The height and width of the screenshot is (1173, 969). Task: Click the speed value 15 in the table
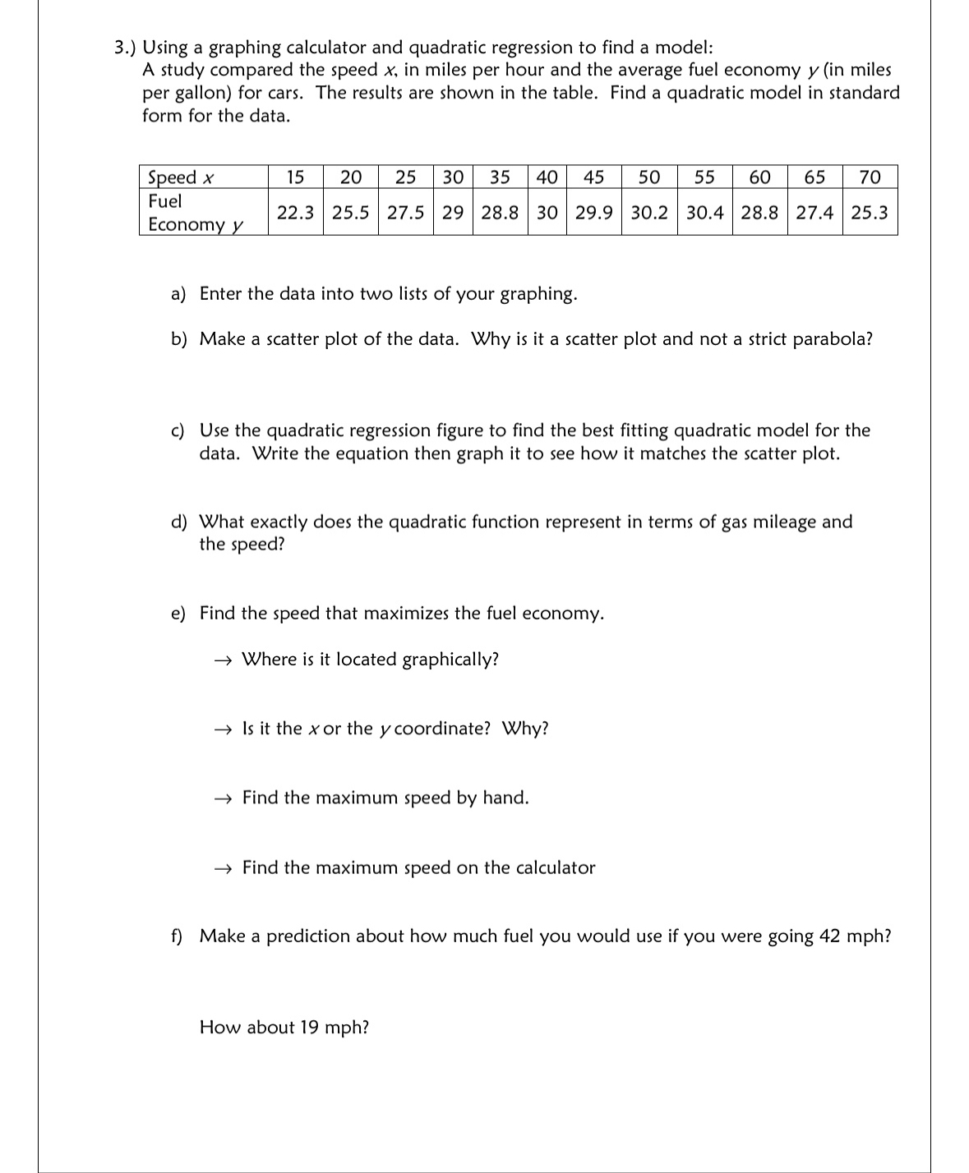click(295, 177)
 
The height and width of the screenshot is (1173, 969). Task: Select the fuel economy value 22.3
click(295, 213)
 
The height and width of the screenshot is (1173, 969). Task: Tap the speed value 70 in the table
click(870, 177)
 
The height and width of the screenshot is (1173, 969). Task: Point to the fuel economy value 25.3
click(870, 213)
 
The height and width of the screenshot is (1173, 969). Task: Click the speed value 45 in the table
click(593, 177)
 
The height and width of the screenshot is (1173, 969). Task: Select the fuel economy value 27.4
click(814, 213)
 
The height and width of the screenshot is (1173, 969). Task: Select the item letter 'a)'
click(178, 294)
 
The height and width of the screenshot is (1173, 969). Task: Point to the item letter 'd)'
click(178, 522)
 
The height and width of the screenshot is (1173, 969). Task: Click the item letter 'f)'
click(177, 936)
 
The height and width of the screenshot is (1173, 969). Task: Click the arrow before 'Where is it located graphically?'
click(224, 660)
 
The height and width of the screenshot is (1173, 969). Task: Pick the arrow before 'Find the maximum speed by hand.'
click(224, 798)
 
